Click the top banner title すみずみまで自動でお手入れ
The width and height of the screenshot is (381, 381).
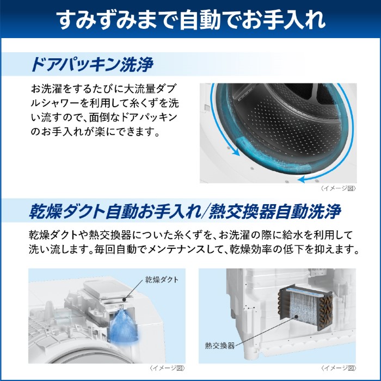click(190, 19)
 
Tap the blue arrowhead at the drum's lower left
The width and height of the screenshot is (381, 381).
click(236, 154)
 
